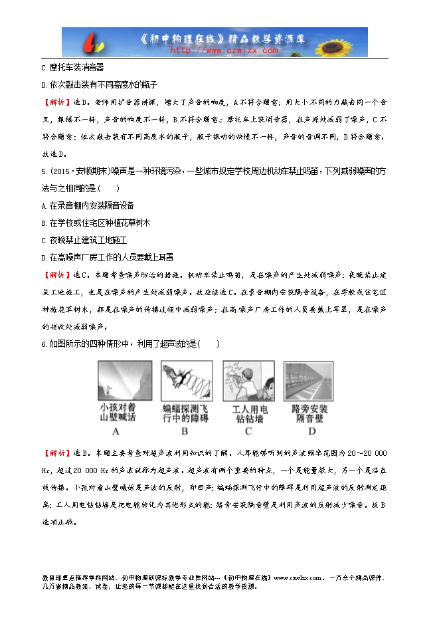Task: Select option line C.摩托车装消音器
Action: [72, 68]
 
